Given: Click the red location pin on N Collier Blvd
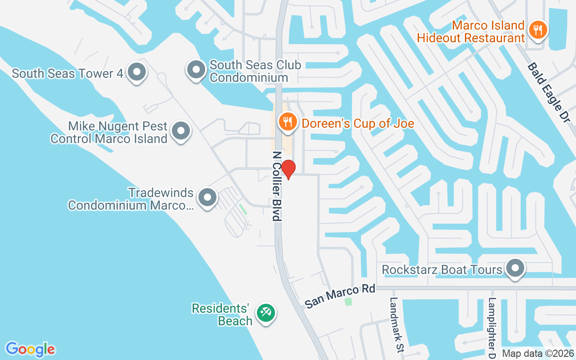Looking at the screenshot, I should pos(288,169).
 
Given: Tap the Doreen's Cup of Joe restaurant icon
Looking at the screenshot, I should pos(287,121).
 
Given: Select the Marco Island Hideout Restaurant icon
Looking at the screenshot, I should pos(537,31).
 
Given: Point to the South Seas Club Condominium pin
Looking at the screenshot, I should pos(196,70).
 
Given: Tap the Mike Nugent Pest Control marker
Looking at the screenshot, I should pos(181,131).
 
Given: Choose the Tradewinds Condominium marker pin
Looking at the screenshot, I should pos(207,197).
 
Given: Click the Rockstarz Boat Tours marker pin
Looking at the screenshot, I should pos(515,269).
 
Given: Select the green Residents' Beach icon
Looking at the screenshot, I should pos(265,312).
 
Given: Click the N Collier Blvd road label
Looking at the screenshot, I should pos(277,185).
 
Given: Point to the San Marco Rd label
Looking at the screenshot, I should pos(340,296).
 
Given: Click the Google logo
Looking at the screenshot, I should pos(30,349).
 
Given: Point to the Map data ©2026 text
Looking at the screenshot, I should pos(538,354).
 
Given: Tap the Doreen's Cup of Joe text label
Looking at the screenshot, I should pos(358,123).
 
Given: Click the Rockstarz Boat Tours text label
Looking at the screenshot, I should pos(441,270).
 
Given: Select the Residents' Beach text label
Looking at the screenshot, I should pos(221,315).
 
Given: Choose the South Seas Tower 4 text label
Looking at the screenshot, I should pos(67,73).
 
